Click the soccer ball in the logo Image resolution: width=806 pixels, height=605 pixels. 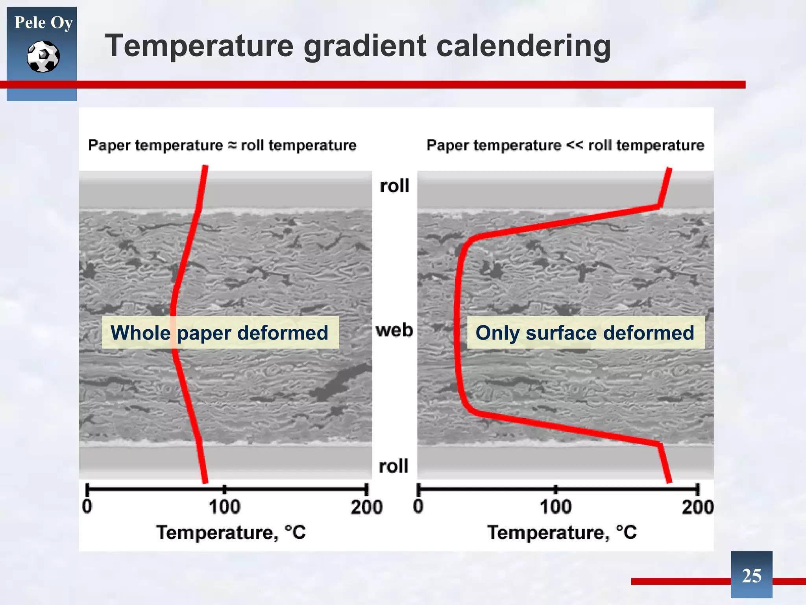tap(43, 57)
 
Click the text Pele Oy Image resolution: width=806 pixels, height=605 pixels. tap(43, 22)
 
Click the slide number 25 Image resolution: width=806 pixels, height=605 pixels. tap(751, 576)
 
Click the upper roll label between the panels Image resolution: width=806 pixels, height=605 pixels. tap(394, 186)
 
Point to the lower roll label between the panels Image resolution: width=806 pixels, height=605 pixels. tap(394, 466)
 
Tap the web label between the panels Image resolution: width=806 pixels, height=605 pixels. tap(394, 330)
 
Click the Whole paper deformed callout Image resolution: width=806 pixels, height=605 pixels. tap(220, 333)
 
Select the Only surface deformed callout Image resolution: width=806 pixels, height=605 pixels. tap(585, 333)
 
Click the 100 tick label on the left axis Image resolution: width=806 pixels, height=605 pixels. tap(224, 507)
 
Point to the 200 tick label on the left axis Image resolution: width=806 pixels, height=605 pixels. tap(366, 507)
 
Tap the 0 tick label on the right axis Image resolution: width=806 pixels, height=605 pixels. tap(418, 507)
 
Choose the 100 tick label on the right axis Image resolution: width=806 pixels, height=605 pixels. tap(555, 507)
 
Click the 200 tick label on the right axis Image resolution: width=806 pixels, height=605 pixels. tap(697, 507)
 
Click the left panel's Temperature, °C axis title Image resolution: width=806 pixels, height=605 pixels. tap(231, 533)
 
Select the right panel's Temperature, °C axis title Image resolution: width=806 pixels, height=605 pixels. tap(562, 533)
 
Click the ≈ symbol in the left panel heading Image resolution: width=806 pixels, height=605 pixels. tap(233, 145)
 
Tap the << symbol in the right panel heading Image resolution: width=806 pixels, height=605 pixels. tap(575, 145)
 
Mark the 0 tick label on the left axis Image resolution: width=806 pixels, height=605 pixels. tap(87, 507)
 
